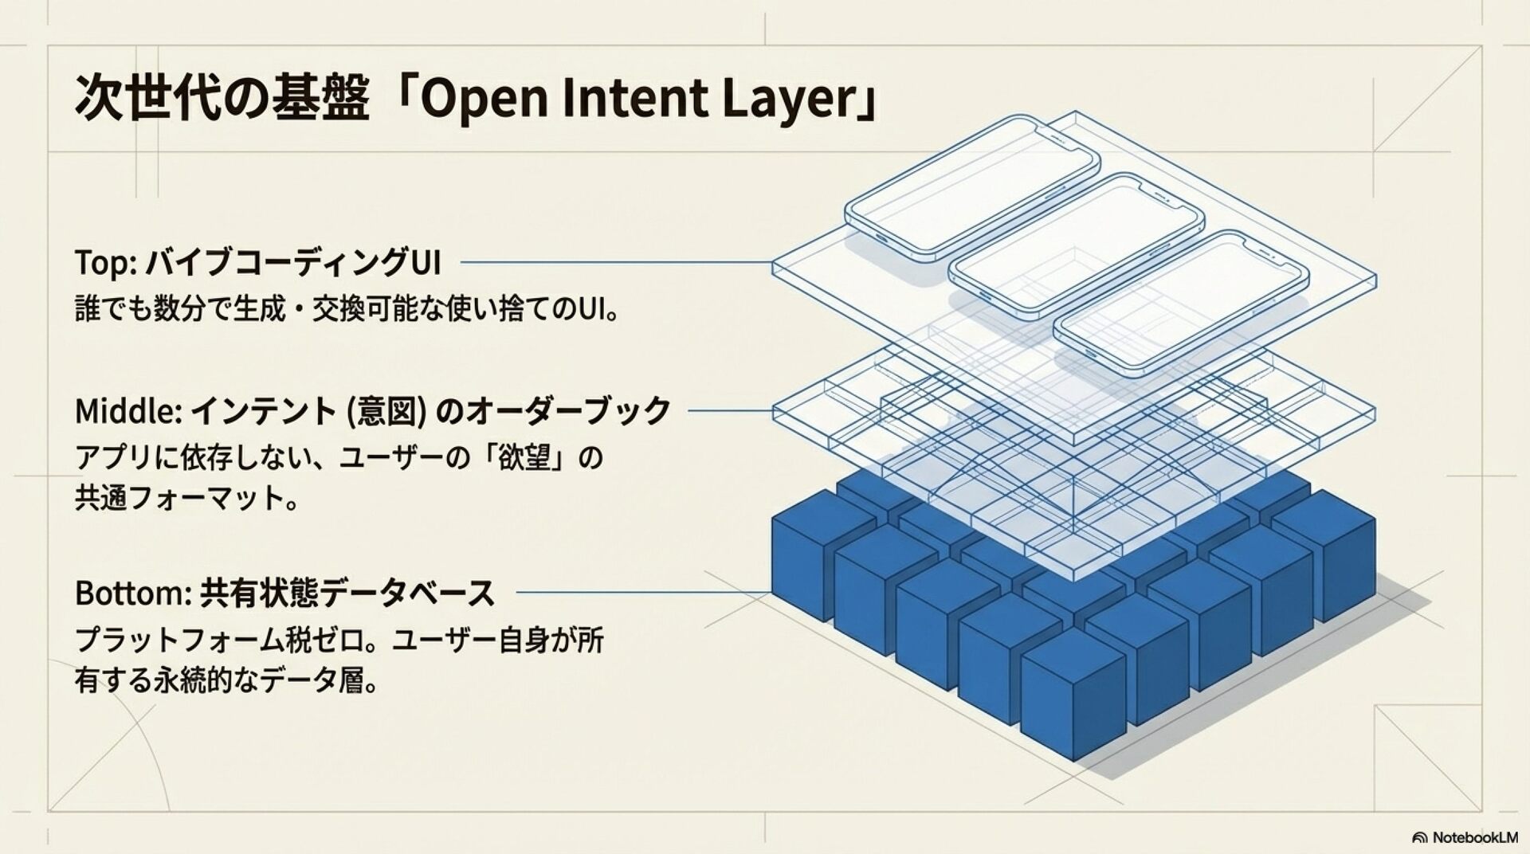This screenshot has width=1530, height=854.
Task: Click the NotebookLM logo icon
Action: pyautogui.click(x=1419, y=837)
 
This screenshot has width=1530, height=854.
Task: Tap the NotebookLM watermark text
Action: pyautogui.click(x=1475, y=837)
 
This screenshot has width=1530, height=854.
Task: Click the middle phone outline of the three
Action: pyautogui.click(x=1077, y=246)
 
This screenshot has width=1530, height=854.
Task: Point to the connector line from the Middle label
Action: pyautogui.click(x=730, y=411)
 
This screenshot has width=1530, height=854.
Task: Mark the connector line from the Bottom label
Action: pyautogui.click(x=642, y=593)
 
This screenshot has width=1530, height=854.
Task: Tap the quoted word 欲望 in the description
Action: pyautogui.click(x=526, y=459)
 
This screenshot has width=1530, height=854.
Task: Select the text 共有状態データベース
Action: pyautogui.click(x=347, y=593)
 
